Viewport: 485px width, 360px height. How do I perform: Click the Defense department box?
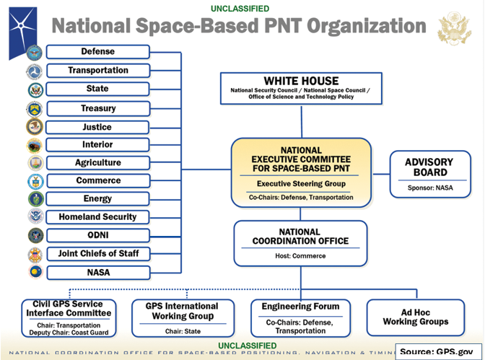point(97,52)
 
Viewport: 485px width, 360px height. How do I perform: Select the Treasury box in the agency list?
point(97,108)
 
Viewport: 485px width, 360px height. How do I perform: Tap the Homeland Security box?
point(97,217)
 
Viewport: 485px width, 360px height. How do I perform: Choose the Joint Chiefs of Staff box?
point(97,254)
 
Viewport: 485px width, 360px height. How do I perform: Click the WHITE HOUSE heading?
point(291,81)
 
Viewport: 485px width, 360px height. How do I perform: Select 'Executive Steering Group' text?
point(300,184)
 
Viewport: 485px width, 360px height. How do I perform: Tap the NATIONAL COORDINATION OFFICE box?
point(301,242)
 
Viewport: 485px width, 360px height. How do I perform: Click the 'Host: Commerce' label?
point(301,256)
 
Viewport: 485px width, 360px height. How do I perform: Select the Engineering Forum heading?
point(300,307)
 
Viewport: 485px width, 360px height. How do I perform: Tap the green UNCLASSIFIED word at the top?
point(240,9)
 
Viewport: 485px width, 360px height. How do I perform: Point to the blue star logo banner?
point(22,30)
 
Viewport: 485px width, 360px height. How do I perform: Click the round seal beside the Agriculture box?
point(35,163)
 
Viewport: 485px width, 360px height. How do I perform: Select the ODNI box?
point(97,235)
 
